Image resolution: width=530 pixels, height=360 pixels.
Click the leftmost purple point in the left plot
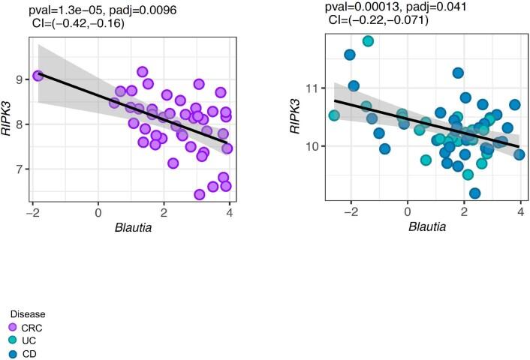click(x=38, y=76)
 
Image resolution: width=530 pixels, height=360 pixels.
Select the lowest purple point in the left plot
click(x=200, y=194)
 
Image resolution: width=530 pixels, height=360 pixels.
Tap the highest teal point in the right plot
click(x=368, y=41)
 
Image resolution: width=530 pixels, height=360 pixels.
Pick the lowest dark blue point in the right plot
click(x=474, y=193)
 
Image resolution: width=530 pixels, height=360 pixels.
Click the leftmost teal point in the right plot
click(x=334, y=115)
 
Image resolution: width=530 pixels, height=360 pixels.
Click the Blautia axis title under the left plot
click(x=131, y=229)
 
